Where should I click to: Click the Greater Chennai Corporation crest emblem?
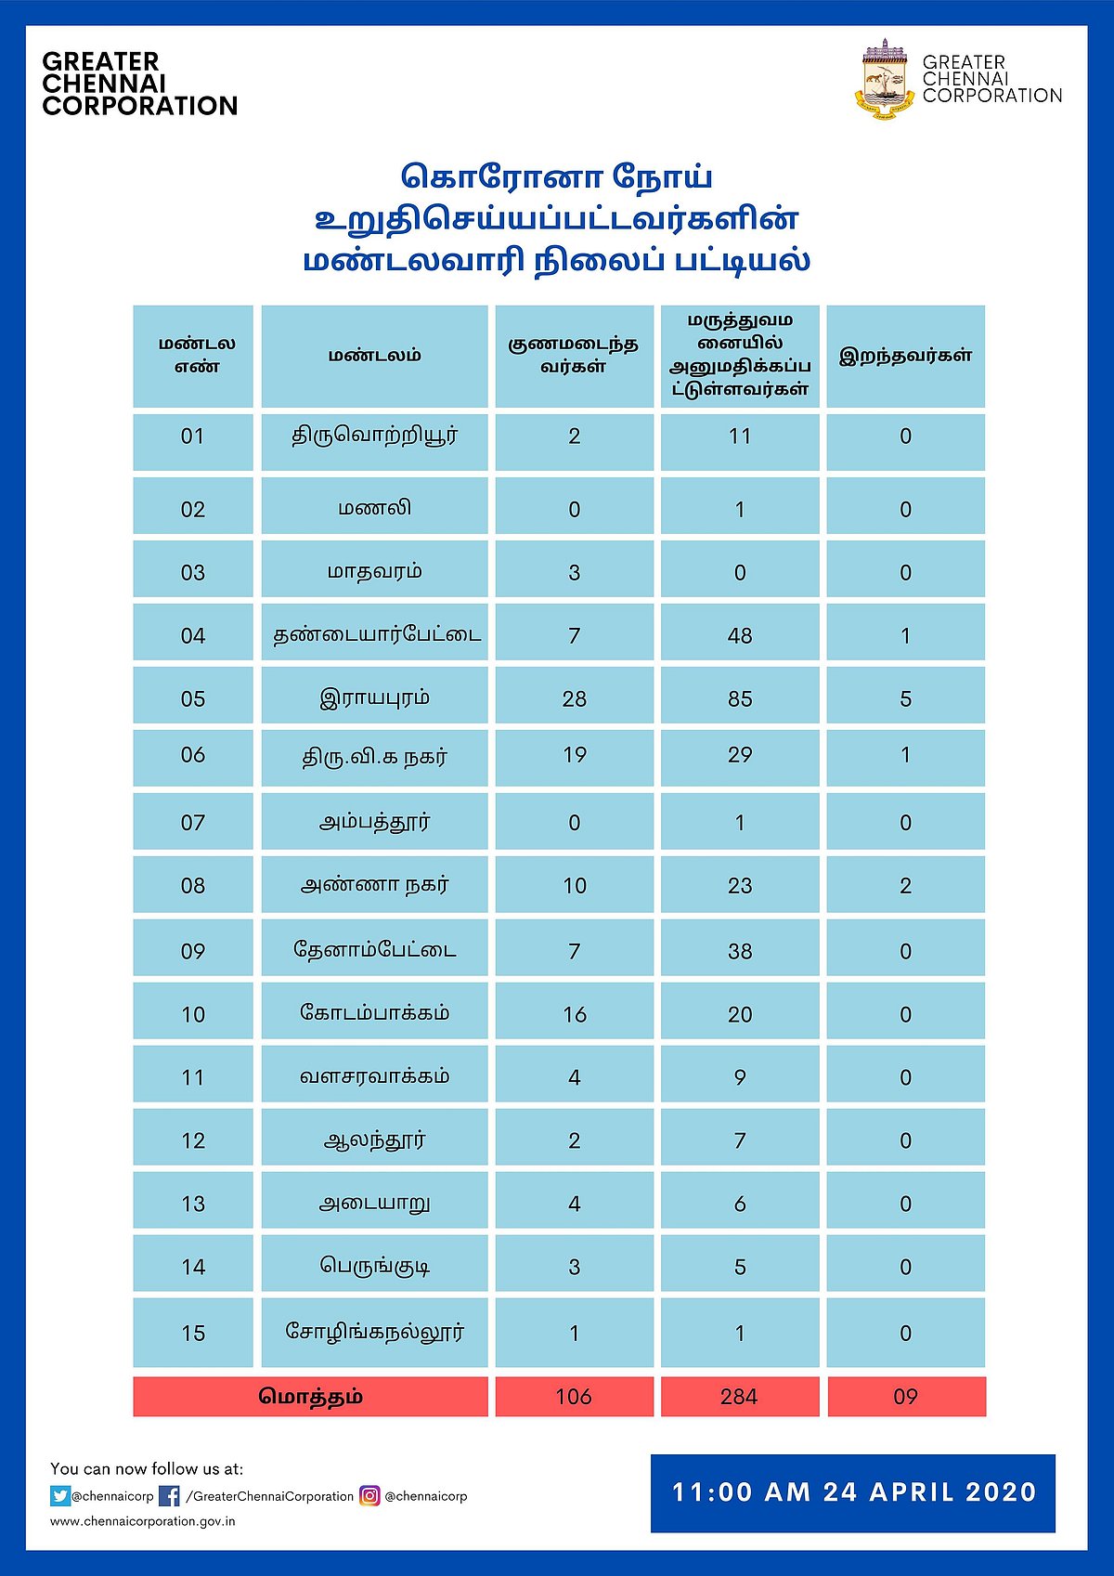pos(886,82)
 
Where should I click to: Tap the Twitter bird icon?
pos(60,1496)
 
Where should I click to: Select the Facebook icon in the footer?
pos(170,1496)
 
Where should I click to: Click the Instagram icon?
pos(369,1496)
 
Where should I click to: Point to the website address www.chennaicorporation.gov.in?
pos(143,1521)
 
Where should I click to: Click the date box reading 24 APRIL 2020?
pos(853,1492)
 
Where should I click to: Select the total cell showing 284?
pos(739,1397)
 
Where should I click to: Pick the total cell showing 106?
pos(574,1397)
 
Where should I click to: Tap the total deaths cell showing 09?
pos(905,1397)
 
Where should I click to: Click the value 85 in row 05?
pos(740,698)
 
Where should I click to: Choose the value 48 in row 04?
pos(740,635)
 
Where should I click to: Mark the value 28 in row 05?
pos(575,698)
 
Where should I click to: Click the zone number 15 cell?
pos(193,1333)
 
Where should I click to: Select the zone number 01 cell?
pos(193,436)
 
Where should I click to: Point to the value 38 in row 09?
pos(740,951)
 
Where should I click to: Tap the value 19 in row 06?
pos(575,755)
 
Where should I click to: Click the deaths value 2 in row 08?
pos(905,885)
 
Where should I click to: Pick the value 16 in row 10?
pos(575,1014)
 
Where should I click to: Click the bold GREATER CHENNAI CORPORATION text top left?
pos(139,84)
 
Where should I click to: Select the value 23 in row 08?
pos(740,885)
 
